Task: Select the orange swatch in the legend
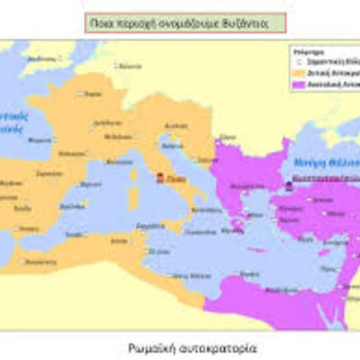[294, 73]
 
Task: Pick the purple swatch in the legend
[294, 85]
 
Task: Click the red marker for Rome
[160, 178]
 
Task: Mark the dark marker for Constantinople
[288, 184]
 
